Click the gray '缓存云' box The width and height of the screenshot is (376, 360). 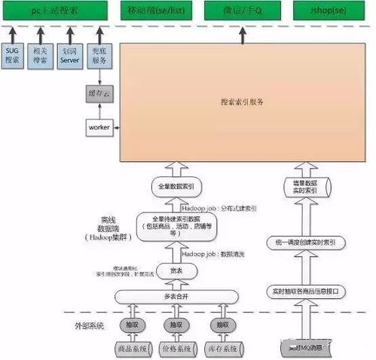point(98,94)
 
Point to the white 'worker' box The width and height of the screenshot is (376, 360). point(98,127)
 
